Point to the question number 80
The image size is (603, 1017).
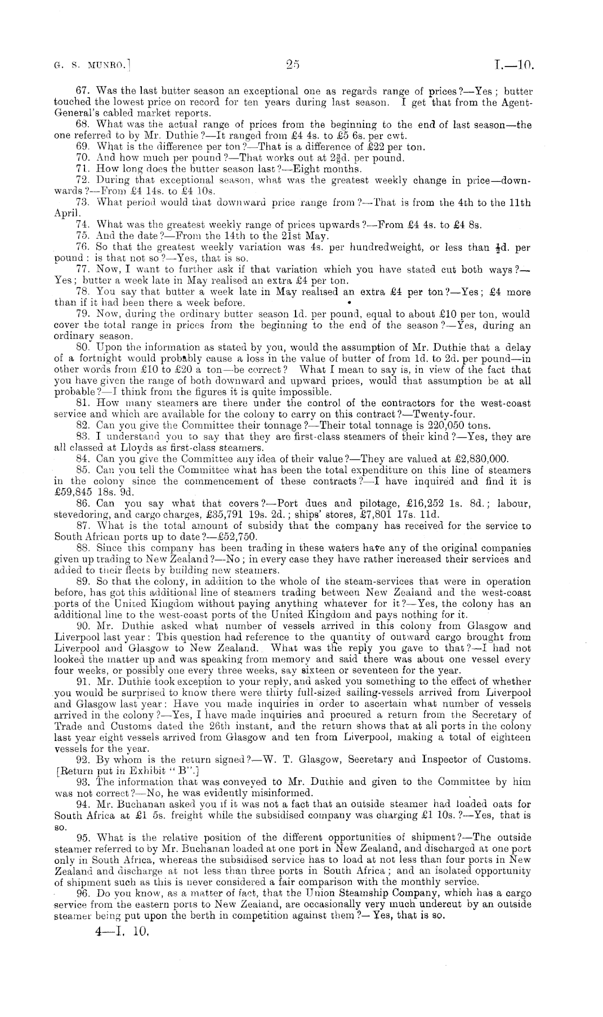(x=83, y=347)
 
